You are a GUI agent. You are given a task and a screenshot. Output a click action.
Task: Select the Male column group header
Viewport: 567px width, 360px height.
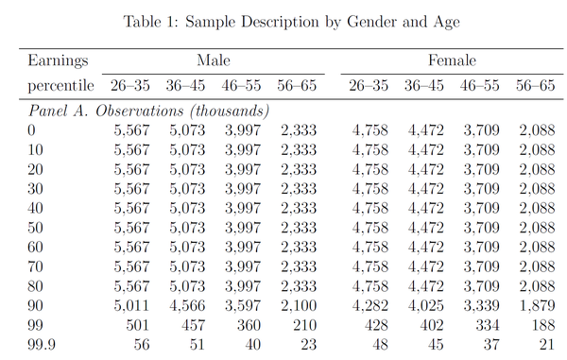[x=214, y=60]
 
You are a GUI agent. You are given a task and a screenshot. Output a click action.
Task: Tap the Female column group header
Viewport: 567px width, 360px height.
[x=452, y=60]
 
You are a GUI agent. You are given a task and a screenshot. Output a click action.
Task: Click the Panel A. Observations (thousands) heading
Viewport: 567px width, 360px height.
[x=148, y=111]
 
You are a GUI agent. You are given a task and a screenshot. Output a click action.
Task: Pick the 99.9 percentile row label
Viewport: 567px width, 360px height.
[x=42, y=345]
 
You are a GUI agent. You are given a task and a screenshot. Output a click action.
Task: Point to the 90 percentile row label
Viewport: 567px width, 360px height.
[x=36, y=305]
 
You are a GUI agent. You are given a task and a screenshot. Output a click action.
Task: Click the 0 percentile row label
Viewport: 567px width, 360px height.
[x=31, y=130]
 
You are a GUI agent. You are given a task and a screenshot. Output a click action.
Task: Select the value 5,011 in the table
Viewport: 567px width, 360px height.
[x=131, y=306]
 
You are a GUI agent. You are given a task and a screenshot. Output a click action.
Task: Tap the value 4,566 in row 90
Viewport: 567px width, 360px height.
[x=187, y=306]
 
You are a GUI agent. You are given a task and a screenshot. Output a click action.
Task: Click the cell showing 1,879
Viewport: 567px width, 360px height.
[x=537, y=306]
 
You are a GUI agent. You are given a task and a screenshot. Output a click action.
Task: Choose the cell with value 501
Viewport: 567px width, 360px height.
[x=138, y=325]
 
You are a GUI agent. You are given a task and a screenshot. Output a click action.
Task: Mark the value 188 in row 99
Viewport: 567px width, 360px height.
[x=543, y=325]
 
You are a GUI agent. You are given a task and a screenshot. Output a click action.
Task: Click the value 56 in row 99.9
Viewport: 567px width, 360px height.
[x=142, y=345]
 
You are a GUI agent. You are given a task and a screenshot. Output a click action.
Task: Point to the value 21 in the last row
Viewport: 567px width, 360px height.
[x=547, y=345]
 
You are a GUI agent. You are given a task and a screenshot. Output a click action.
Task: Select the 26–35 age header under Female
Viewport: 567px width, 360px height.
[x=369, y=86]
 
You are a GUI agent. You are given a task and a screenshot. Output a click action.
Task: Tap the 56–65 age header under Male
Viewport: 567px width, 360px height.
[x=297, y=86]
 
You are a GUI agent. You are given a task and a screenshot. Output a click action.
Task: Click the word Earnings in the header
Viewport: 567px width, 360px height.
[x=58, y=61]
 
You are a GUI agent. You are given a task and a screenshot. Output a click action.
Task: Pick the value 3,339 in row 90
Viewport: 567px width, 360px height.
[x=482, y=306]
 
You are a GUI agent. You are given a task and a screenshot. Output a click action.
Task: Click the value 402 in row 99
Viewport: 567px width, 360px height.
[x=432, y=325]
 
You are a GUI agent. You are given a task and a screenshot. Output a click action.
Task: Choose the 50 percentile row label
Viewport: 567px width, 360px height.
[x=36, y=228]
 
